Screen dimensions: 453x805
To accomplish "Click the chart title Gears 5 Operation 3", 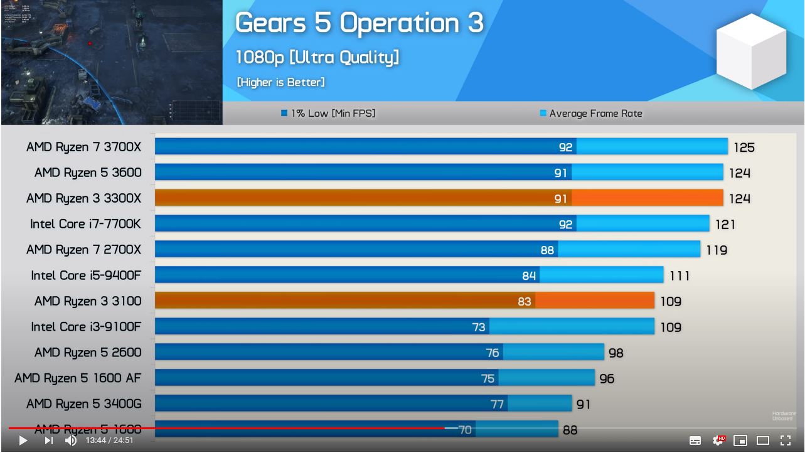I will (359, 23).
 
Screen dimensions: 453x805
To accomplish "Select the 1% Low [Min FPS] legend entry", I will (328, 114).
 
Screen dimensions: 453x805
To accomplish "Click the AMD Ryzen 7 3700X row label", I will (83, 147).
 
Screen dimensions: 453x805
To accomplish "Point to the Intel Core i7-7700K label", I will (85, 224).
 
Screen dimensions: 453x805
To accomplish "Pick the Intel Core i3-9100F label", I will (86, 327).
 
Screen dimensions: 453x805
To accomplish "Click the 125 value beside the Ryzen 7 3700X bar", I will (744, 147).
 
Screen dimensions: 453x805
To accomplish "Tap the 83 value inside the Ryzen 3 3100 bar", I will (525, 302).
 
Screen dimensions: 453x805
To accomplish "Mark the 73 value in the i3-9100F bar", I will (479, 328).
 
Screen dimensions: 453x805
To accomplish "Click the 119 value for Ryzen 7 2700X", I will (717, 250).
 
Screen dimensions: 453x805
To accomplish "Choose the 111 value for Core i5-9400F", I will (680, 276).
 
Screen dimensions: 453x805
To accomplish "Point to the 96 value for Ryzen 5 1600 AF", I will (607, 379).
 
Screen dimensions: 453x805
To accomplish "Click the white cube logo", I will (750, 51).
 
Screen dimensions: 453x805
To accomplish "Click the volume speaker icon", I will (71, 440).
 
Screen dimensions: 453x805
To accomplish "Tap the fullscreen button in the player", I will (786, 440).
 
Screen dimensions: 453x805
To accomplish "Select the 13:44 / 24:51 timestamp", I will (110, 440).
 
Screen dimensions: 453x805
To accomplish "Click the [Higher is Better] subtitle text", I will (280, 82).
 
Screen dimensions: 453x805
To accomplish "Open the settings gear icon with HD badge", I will (718, 440).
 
